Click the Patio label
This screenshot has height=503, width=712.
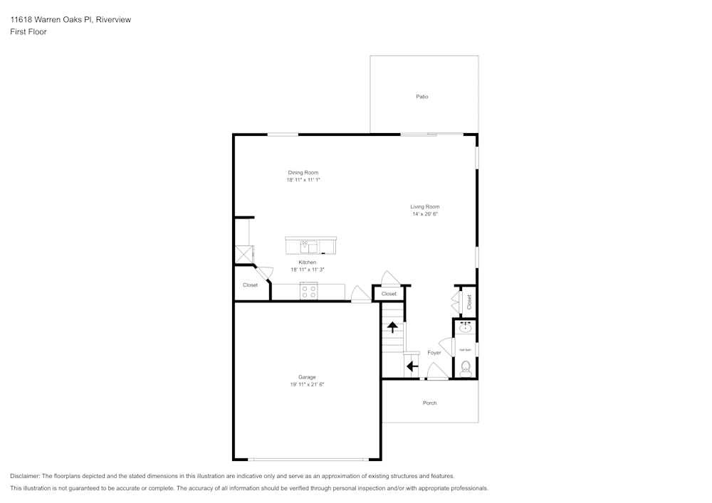coord(422,97)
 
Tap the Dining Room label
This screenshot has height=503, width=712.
coord(303,172)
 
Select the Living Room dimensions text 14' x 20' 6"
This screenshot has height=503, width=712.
coord(425,214)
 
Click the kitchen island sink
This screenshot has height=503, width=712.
coord(309,247)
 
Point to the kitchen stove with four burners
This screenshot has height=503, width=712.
coord(309,291)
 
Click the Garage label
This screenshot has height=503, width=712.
coord(307,377)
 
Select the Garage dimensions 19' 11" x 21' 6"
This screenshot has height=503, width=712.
coord(308,384)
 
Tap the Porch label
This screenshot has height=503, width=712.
coord(429,403)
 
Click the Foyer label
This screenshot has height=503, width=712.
coord(434,352)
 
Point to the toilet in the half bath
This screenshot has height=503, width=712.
coord(466,369)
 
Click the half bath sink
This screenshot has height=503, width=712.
coord(465,327)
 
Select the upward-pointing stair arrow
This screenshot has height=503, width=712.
coord(392,327)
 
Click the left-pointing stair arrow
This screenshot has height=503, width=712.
coord(412,366)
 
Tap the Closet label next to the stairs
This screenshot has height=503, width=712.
coord(389,294)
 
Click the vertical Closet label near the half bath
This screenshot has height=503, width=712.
coord(469,302)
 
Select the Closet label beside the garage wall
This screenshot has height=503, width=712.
coord(250,285)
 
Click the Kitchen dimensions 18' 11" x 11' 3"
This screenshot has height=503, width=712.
coord(308,270)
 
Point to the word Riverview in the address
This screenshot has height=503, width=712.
coord(113,19)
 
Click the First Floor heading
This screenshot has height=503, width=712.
coord(28,32)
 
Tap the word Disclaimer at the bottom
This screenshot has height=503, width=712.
coord(24,476)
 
